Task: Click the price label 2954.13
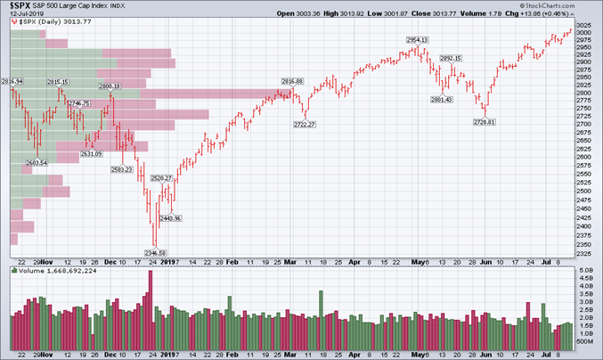click(418, 40)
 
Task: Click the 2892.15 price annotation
click(451, 58)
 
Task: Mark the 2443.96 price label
click(171, 217)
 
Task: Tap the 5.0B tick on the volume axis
click(585, 270)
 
